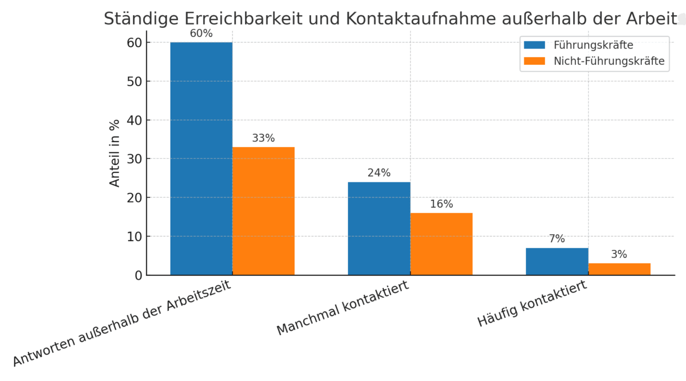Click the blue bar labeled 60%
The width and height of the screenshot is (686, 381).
(201, 158)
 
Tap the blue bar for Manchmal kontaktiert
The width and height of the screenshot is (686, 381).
(379, 229)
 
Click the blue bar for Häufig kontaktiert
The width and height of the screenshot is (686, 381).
(556, 262)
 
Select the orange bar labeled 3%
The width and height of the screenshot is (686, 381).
(619, 269)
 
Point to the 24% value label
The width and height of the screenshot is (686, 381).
(379, 173)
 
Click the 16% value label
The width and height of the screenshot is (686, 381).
(441, 204)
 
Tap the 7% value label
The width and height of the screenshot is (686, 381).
(556, 238)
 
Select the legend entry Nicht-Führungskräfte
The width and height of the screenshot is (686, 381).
(609, 61)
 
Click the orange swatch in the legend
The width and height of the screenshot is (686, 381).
(534, 61)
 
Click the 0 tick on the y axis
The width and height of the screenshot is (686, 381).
(138, 275)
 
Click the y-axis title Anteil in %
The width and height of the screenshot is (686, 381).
(115, 153)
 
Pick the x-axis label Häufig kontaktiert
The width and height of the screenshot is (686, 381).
(532, 304)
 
